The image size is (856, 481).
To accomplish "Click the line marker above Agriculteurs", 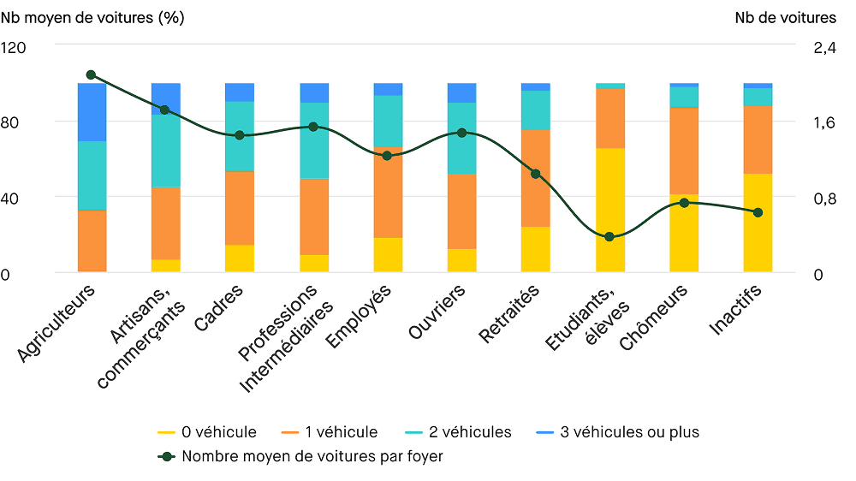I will tap(92, 75).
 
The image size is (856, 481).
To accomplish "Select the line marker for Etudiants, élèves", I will tap(609, 237).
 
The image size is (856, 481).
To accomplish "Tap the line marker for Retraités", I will tap(536, 174).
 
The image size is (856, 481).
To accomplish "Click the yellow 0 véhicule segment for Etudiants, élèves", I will tap(609, 210).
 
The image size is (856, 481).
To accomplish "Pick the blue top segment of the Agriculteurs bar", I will tap(92, 112).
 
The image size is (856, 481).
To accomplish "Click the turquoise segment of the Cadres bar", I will tap(240, 136).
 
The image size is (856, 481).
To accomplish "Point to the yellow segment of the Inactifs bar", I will tap(758, 223).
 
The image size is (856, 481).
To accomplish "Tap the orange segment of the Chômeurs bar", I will tap(684, 151).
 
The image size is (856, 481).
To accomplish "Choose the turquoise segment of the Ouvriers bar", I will tap(462, 138).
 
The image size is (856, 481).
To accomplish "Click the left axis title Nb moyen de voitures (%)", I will tap(92, 17).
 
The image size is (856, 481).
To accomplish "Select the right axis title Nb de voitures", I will tap(785, 17).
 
